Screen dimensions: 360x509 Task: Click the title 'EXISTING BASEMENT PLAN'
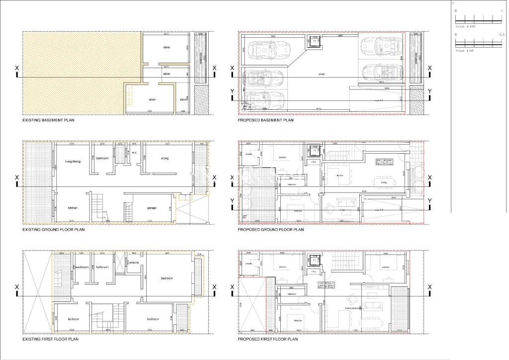[x=48, y=120]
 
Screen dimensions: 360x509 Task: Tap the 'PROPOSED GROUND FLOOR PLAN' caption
[x=270, y=230]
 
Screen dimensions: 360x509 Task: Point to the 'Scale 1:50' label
[x=466, y=51]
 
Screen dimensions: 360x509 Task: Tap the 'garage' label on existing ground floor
[x=152, y=208]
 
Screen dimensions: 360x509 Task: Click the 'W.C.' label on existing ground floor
[x=134, y=153]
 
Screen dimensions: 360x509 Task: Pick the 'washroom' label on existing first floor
[x=82, y=267]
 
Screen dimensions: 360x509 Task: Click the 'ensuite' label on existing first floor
[x=134, y=262]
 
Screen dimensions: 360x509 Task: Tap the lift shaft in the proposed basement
[x=314, y=41]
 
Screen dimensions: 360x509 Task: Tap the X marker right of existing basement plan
[x=215, y=68]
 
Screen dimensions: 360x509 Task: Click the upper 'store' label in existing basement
[x=167, y=47]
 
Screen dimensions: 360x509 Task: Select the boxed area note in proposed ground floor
[x=386, y=160]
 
